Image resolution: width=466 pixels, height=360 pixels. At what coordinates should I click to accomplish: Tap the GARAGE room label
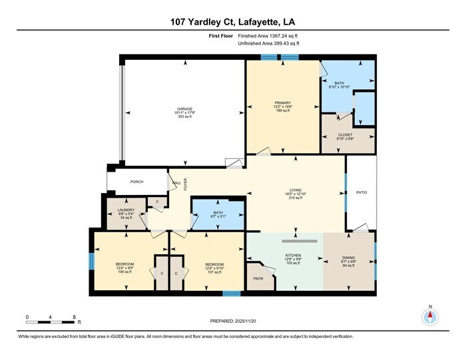(x=185, y=108)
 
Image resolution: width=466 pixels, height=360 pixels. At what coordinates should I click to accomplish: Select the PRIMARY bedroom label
(x=283, y=102)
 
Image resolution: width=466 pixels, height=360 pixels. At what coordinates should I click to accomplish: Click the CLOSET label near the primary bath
(x=345, y=134)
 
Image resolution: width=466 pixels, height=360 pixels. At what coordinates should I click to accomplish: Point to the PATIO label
(x=361, y=193)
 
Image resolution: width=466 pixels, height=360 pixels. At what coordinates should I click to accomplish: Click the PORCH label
(x=136, y=182)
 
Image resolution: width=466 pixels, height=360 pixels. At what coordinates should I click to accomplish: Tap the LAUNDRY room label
(x=126, y=210)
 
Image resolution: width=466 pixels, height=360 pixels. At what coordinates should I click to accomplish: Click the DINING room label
(x=349, y=255)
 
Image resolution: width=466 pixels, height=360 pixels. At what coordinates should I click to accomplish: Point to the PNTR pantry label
(x=258, y=279)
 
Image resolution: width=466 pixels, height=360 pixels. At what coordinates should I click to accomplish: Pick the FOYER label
(x=186, y=183)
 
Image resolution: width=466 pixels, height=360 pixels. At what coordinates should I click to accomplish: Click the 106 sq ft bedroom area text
(x=126, y=271)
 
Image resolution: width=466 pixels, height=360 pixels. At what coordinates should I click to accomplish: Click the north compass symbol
(x=431, y=317)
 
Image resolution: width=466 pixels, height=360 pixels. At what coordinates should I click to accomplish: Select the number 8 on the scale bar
(x=74, y=316)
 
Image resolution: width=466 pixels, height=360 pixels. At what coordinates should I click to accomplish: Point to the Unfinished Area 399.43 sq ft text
(x=268, y=43)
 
